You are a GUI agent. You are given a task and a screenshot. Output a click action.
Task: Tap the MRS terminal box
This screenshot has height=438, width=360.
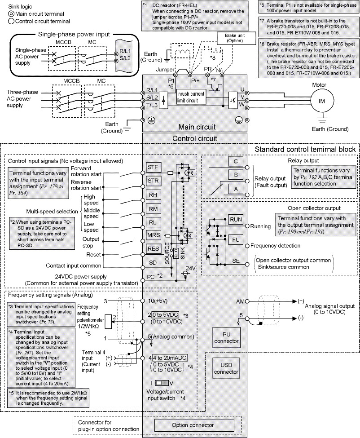click(153, 234)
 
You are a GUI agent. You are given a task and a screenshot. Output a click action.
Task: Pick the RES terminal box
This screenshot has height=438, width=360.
click(153, 248)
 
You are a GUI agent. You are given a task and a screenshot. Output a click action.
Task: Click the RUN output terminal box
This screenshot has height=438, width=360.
click(236, 219)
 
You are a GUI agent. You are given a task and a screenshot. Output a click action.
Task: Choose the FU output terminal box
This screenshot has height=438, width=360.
click(236, 239)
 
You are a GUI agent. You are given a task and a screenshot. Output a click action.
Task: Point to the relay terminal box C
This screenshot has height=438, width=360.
click(236, 161)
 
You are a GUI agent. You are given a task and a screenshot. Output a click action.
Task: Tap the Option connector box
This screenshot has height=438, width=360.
click(193, 425)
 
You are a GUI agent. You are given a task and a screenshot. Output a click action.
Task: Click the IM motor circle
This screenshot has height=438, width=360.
click(321, 101)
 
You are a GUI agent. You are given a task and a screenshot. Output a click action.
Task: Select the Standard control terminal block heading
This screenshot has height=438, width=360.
click(305, 149)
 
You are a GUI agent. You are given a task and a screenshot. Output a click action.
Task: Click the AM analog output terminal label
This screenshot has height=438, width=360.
click(240, 301)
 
